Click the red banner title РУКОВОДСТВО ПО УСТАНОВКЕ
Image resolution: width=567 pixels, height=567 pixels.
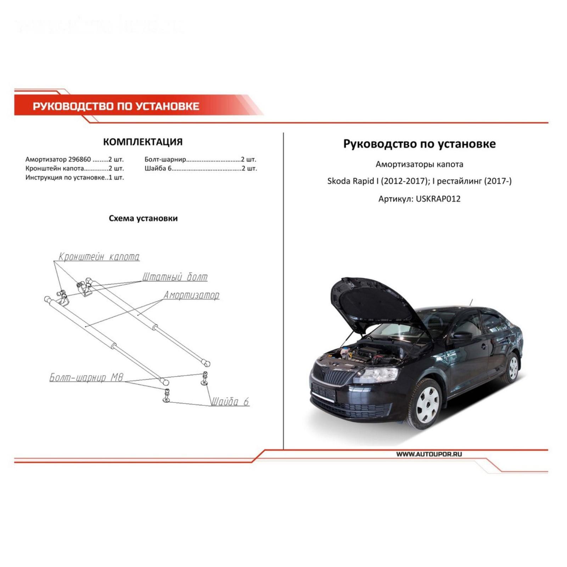click(116, 106)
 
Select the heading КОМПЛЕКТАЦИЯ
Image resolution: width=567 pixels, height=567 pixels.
click(142, 142)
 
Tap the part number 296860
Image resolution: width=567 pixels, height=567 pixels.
click(78, 159)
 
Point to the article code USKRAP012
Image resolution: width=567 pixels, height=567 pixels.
click(438, 199)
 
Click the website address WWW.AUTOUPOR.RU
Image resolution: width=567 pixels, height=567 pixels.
click(429, 454)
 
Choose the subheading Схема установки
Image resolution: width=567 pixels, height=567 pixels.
click(143, 218)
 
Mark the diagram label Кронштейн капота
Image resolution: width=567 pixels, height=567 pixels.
click(99, 257)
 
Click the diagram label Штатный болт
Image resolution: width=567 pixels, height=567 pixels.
click(175, 277)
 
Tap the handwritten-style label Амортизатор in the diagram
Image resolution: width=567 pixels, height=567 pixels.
click(191, 295)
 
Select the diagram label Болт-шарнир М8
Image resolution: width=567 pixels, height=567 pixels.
click(86, 377)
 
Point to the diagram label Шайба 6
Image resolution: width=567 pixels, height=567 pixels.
click(230, 402)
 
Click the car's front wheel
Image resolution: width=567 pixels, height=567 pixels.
click(424, 404)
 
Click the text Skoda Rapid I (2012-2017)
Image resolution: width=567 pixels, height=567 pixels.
click(377, 181)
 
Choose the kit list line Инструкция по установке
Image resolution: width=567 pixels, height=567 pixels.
click(65, 178)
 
